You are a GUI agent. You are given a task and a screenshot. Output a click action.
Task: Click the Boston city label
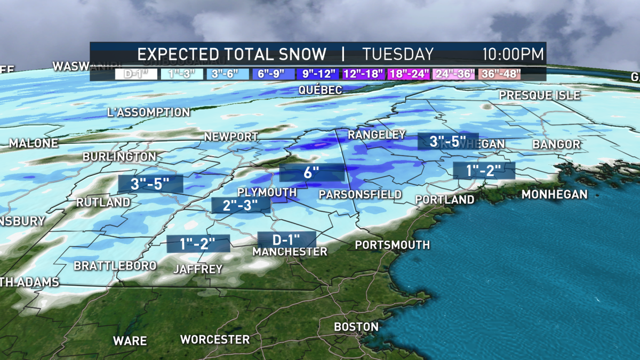tap(356, 327)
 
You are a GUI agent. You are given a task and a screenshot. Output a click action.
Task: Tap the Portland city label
tap(445, 199)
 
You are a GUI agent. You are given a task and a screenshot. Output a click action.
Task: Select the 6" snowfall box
tap(313, 173)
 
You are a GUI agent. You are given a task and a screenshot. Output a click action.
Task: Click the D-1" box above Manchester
tap(286, 239)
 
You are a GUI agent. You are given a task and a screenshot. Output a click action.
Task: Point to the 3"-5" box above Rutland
tap(150, 184)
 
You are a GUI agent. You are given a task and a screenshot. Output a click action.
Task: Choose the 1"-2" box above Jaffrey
tap(198, 244)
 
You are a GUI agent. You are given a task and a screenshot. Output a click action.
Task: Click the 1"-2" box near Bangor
tap(484, 171)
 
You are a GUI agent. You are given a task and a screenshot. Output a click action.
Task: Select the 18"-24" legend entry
tap(409, 74)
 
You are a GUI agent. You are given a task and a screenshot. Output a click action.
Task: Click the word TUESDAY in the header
tap(398, 54)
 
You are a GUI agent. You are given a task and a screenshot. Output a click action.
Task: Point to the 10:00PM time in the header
tap(513, 54)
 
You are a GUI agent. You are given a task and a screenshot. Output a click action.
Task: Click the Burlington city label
tap(119, 157)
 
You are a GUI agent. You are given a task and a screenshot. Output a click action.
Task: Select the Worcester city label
tap(214, 340)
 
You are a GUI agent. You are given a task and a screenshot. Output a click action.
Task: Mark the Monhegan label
tap(554, 195)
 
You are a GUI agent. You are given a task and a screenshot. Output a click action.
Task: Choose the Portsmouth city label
tap(392, 245)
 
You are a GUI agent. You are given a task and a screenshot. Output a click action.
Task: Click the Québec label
tap(320, 90)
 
